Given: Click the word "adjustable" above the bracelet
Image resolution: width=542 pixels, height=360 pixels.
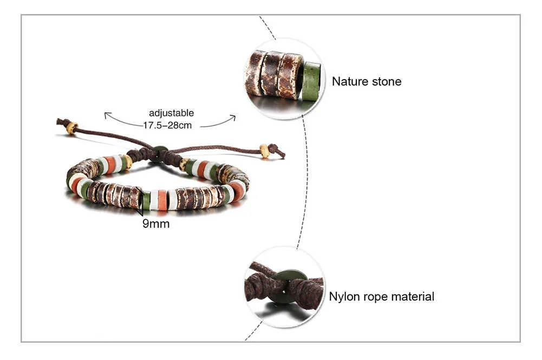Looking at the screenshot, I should coord(171,113).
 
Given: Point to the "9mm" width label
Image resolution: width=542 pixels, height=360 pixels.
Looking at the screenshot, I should coord(156,223).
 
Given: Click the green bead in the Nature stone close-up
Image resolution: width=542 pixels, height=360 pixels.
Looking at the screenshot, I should coord(311,81).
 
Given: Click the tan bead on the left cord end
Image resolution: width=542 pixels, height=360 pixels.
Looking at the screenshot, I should coord(71,128).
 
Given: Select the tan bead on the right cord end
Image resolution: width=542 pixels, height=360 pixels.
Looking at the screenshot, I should coord(265,151).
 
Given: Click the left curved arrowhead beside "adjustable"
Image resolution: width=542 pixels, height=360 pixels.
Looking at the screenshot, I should coord(107,115).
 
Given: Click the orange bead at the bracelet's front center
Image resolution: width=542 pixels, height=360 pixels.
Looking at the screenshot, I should coord(162,200).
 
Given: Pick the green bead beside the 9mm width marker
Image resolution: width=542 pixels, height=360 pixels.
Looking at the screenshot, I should coord(146,200).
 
